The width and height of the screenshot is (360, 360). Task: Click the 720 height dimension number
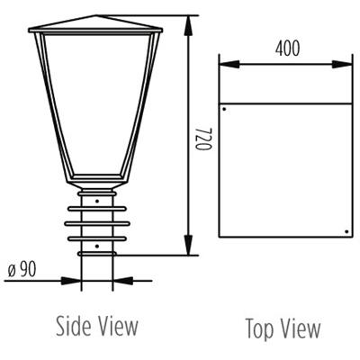pos(203,136)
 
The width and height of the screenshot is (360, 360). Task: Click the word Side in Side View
pos(75,325)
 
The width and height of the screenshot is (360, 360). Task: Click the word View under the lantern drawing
pos(118,325)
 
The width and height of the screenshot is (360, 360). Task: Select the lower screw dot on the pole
pos(96,243)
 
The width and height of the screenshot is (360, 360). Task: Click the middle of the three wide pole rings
pos(96,222)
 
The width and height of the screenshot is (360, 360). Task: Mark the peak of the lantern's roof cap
pos(96,15)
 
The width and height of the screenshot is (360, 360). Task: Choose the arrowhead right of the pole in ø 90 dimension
pos(121,280)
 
